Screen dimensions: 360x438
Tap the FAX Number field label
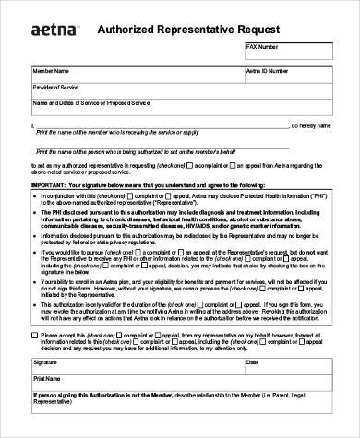point(262,45)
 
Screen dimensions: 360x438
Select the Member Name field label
point(51,69)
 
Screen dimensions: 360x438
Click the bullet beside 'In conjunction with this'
point(35,196)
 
